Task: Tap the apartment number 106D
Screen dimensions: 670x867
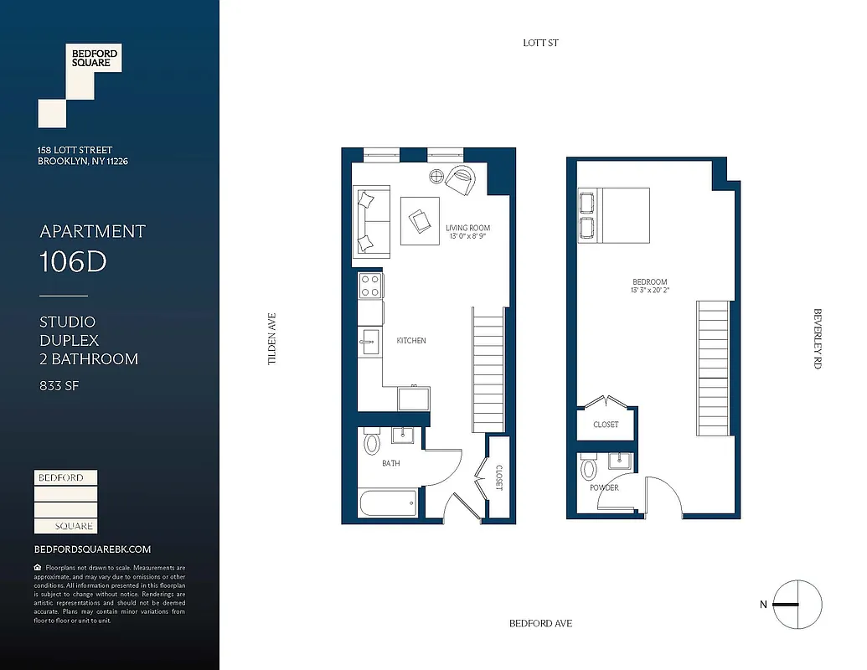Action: [x=74, y=261]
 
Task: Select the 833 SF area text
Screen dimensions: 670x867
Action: [x=59, y=386]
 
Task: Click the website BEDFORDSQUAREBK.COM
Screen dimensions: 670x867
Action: [x=92, y=549]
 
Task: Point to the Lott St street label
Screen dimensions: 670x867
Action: [x=540, y=43]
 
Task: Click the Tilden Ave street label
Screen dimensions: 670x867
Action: [x=271, y=339]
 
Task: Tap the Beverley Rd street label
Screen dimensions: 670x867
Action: [x=818, y=339]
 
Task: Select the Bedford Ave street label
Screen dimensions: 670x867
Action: [x=540, y=624]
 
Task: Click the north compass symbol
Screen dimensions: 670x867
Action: [x=797, y=604]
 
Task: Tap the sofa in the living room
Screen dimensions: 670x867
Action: [x=372, y=222]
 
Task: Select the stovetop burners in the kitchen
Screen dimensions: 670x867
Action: [x=370, y=286]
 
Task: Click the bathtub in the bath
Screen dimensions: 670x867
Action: [x=388, y=505]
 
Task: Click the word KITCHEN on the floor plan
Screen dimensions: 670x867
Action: [x=411, y=341]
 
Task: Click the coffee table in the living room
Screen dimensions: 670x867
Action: [x=420, y=220]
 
